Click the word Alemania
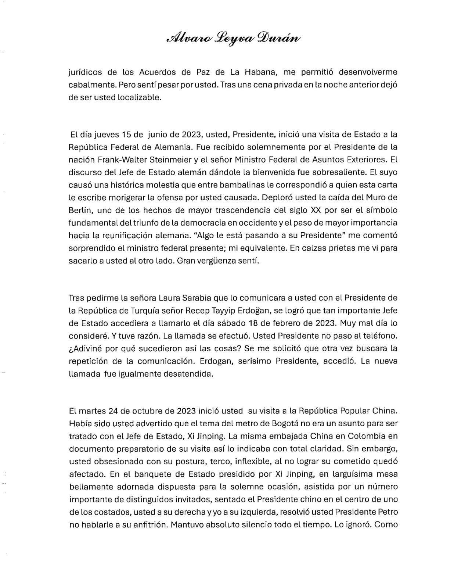pos(172,147)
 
